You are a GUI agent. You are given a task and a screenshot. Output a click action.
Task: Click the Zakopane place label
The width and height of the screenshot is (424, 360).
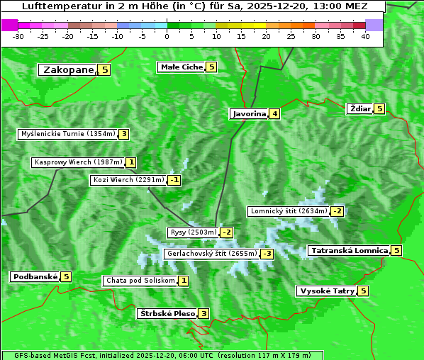tap(69, 69)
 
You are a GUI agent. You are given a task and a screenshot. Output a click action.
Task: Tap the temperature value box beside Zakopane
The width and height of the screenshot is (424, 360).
tap(105, 69)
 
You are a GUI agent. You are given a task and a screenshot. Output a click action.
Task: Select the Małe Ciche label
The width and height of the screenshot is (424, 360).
tap(181, 67)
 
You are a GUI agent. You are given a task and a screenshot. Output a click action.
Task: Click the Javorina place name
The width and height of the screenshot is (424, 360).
tap(249, 113)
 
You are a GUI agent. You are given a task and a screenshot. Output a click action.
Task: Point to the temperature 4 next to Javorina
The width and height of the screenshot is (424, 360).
tap(274, 113)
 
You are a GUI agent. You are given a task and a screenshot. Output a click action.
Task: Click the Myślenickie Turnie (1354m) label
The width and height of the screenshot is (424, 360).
tap(68, 133)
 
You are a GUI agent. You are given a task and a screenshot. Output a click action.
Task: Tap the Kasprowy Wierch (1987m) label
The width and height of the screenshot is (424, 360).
tap(78, 162)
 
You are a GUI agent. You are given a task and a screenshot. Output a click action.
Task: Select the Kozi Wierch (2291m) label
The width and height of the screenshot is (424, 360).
tap(129, 180)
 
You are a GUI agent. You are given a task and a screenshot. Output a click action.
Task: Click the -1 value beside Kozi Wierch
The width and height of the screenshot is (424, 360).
tap(174, 180)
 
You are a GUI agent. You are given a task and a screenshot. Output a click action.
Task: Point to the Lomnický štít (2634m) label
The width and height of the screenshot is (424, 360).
tap(289, 210)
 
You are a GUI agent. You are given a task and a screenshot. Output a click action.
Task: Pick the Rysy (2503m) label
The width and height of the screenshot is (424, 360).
tap(192, 232)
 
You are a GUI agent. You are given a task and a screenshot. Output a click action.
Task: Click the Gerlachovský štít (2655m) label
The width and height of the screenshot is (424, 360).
tap(211, 253)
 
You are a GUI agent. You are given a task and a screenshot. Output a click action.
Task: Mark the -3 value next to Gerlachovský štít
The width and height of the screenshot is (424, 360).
tap(267, 254)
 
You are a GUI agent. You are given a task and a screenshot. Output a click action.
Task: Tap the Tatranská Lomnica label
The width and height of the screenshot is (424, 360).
tap(349, 250)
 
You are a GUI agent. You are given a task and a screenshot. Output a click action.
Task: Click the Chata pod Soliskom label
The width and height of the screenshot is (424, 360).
tap(140, 281)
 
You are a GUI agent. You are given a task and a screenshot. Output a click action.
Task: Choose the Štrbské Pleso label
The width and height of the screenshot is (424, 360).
tap(167, 313)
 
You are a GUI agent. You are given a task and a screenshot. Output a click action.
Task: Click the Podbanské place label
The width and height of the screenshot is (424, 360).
tap(34, 276)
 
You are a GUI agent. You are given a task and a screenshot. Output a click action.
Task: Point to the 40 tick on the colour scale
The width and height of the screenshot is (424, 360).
tap(365, 36)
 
